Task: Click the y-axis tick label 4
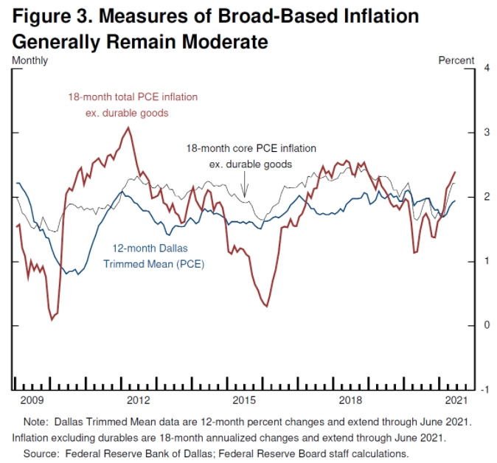486,68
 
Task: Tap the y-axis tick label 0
486,325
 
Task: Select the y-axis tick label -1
484,389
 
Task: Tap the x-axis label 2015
244,400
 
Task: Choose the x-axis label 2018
350,400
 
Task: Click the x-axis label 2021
457,400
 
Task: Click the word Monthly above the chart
29,59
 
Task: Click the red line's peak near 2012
128,128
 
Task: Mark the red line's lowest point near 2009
52,319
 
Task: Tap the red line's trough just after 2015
266,307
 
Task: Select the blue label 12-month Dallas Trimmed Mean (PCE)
158,256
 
